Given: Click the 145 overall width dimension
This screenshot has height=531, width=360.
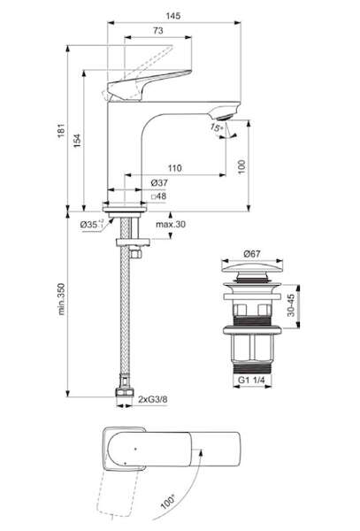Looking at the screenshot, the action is pyautogui.click(x=172, y=16).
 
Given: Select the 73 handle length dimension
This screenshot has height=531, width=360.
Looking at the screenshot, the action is pyautogui.click(x=157, y=30).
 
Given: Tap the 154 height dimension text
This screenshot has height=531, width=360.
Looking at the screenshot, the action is pyautogui.click(x=78, y=140).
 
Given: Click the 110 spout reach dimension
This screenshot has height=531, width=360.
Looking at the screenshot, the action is pyautogui.click(x=174, y=167).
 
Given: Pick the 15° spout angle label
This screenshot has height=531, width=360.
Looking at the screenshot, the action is pyautogui.click(x=216, y=127).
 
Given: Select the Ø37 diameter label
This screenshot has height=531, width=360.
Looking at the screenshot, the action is pyautogui.click(x=159, y=183).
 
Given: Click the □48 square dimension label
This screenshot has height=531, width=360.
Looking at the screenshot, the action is pyautogui.click(x=158, y=196).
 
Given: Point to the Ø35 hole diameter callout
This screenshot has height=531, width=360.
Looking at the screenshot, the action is pyautogui.click(x=92, y=224).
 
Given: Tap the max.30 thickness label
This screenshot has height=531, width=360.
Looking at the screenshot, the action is pyautogui.click(x=171, y=224).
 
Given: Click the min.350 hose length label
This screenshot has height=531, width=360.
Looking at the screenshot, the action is pyautogui.click(x=61, y=299).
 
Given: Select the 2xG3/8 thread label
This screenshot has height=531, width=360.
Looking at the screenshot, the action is pyautogui.click(x=153, y=399).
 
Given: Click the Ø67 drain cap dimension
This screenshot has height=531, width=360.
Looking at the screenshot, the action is pyautogui.click(x=252, y=253).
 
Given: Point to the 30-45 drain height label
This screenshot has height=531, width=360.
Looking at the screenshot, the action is pyautogui.click(x=291, y=305).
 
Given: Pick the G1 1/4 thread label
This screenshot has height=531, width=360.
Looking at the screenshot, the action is pyautogui.click(x=251, y=380).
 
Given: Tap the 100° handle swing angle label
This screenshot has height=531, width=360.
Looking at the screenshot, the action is pyautogui.click(x=168, y=502).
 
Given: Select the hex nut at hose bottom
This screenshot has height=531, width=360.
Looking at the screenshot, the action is pyautogui.click(x=125, y=392).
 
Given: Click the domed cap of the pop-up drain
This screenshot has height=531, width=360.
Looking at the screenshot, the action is pyautogui.click(x=252, y=267).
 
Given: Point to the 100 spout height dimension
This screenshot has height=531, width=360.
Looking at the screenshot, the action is pyautogui.click(x=241, y=166).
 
